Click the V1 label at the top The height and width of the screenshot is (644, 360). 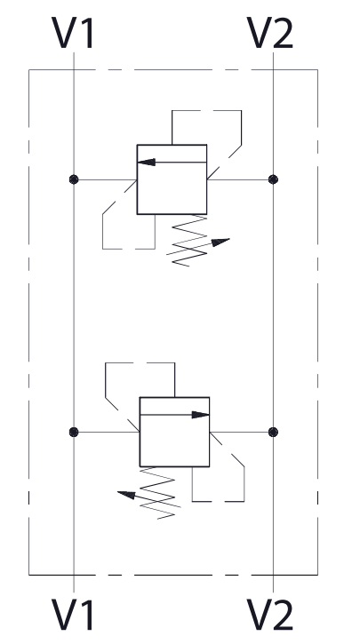coord(73,33)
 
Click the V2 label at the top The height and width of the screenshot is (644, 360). coord(270,33)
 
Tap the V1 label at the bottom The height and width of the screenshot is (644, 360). coord(73,615)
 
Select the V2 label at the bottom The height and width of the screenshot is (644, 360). coord(270,615)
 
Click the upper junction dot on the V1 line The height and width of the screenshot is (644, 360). coord(74,179)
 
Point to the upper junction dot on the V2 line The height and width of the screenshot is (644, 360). coord(273,179)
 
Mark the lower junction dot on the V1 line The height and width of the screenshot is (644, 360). coord(74,432)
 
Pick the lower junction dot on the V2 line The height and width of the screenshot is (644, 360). coord(273,432)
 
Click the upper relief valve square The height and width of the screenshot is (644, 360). coord(172,145)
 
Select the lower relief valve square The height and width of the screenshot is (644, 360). coord(174,397)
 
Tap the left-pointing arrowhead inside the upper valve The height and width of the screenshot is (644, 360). coord(147,163)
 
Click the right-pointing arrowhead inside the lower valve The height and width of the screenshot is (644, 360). coord(201,415)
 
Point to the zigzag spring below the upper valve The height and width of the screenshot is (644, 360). coord(189,241)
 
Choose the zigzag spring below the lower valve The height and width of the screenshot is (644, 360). coord(157,493)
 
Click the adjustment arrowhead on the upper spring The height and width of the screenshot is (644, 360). coord(220,242)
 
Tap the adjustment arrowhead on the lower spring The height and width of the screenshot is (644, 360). coord(126,495)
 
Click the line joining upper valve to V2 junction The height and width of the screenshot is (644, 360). coord(240,179)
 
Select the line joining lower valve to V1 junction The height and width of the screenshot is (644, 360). coord(107,432)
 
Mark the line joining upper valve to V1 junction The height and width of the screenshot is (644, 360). coord(105,179)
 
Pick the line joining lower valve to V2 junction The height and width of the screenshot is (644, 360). coord(242,432)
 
